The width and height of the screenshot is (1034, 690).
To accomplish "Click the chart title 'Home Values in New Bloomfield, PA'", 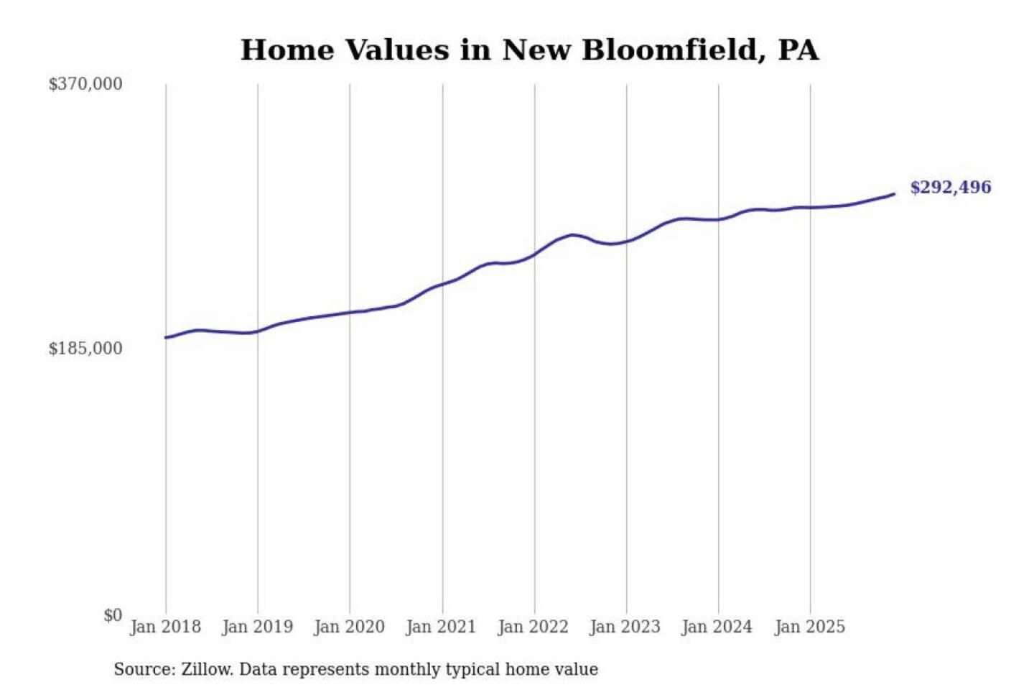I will click(529, 50).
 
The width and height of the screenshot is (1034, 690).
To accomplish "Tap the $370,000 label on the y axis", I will click(85, 84).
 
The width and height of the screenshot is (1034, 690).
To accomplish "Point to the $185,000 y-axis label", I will click(85, 349).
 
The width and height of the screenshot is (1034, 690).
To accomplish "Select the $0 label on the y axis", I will click(113, 615).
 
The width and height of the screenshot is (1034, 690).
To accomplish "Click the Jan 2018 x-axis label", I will click(165, 627).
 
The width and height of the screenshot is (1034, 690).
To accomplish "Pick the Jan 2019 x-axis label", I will click(257, 627).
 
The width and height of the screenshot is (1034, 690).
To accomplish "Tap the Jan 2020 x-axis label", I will click(349, 627).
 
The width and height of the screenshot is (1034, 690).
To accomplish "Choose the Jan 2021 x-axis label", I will click(441, 627).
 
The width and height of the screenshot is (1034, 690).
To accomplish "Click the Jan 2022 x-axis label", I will click(533, 627).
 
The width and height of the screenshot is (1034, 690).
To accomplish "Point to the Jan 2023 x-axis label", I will click(625, 627).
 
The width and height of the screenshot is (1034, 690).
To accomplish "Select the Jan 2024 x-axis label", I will click(717, 627).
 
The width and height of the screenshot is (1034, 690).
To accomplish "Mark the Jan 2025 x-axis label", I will click(809, 627).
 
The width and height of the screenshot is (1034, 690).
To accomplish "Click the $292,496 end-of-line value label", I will click(950, 188).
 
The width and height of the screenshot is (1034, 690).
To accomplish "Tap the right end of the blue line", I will click(893, 194).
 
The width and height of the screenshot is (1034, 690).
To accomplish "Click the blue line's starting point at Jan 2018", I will click(166, 337).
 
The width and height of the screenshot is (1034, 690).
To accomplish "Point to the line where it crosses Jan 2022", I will click(534, 254).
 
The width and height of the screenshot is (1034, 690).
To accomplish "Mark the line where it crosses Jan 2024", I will click(719, 219).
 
